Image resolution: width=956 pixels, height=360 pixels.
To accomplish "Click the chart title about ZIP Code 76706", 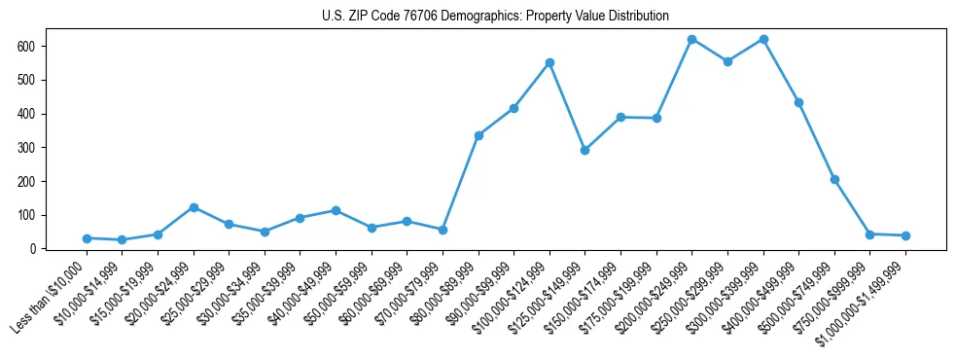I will (x=495, y=16).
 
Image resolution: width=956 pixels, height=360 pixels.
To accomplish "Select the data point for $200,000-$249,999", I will (x=691, y=39).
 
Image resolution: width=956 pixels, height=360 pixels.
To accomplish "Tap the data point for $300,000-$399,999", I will (x=763, y=39).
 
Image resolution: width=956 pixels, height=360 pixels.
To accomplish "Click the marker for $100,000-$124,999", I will (x=549, y=62).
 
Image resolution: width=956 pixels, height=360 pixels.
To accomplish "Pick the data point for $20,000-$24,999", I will (x=194, y=207).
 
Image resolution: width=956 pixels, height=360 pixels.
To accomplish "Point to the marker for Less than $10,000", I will (x=87, y=238).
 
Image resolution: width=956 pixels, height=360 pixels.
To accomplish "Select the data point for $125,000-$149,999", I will (x=584, y=150).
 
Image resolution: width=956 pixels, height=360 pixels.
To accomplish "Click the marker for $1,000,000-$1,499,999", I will (x=905, y=235).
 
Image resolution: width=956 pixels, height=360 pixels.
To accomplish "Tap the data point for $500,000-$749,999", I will (x=834, y=179).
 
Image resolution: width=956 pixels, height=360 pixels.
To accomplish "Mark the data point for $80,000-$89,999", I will (x=478, y=135).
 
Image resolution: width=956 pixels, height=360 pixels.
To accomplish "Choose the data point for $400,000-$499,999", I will (x=798, y=102).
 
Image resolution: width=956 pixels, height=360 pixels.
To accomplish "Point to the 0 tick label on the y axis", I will (x=33, y=249).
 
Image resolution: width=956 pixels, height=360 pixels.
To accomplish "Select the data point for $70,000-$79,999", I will (x=443, y=230).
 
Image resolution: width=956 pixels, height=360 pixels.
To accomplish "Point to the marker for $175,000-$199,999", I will (x=656, y=118).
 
